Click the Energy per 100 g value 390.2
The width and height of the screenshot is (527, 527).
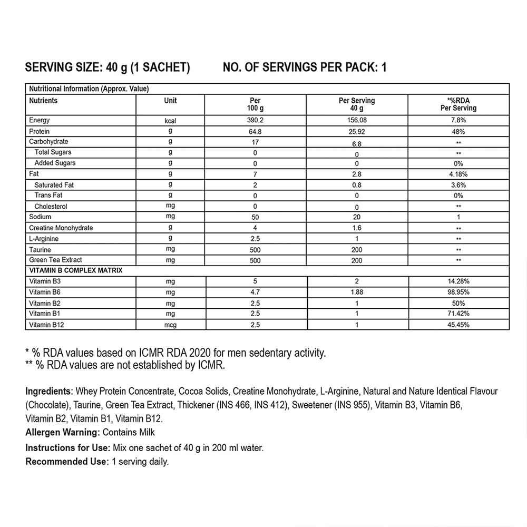pos(255,121)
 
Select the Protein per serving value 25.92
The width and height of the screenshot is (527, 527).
pos(357,131)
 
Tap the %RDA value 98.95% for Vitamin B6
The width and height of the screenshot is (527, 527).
pos(458,292)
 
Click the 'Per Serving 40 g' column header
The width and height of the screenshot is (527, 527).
pos(357,104)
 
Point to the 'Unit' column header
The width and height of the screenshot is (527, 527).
pos(170,101)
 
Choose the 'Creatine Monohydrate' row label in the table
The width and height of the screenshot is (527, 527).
pos(61,228)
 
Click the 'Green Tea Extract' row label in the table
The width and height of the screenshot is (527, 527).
pos(56,260)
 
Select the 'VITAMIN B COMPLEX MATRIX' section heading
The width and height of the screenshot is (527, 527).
pos(76,270)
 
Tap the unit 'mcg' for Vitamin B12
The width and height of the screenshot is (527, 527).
pos(170,325)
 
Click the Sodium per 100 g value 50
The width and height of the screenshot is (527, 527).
pos(255,217)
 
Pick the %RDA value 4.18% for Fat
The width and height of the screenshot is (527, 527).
pos(458,173)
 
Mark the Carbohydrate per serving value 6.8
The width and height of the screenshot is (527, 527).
pos(357,143)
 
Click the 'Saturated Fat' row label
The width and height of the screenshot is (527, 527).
pos(54,185)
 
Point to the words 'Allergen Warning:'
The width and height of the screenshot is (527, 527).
pos(62,433)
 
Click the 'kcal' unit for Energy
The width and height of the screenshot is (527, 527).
pos(170,121)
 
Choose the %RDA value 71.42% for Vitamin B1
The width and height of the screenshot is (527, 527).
pos(458,314)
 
